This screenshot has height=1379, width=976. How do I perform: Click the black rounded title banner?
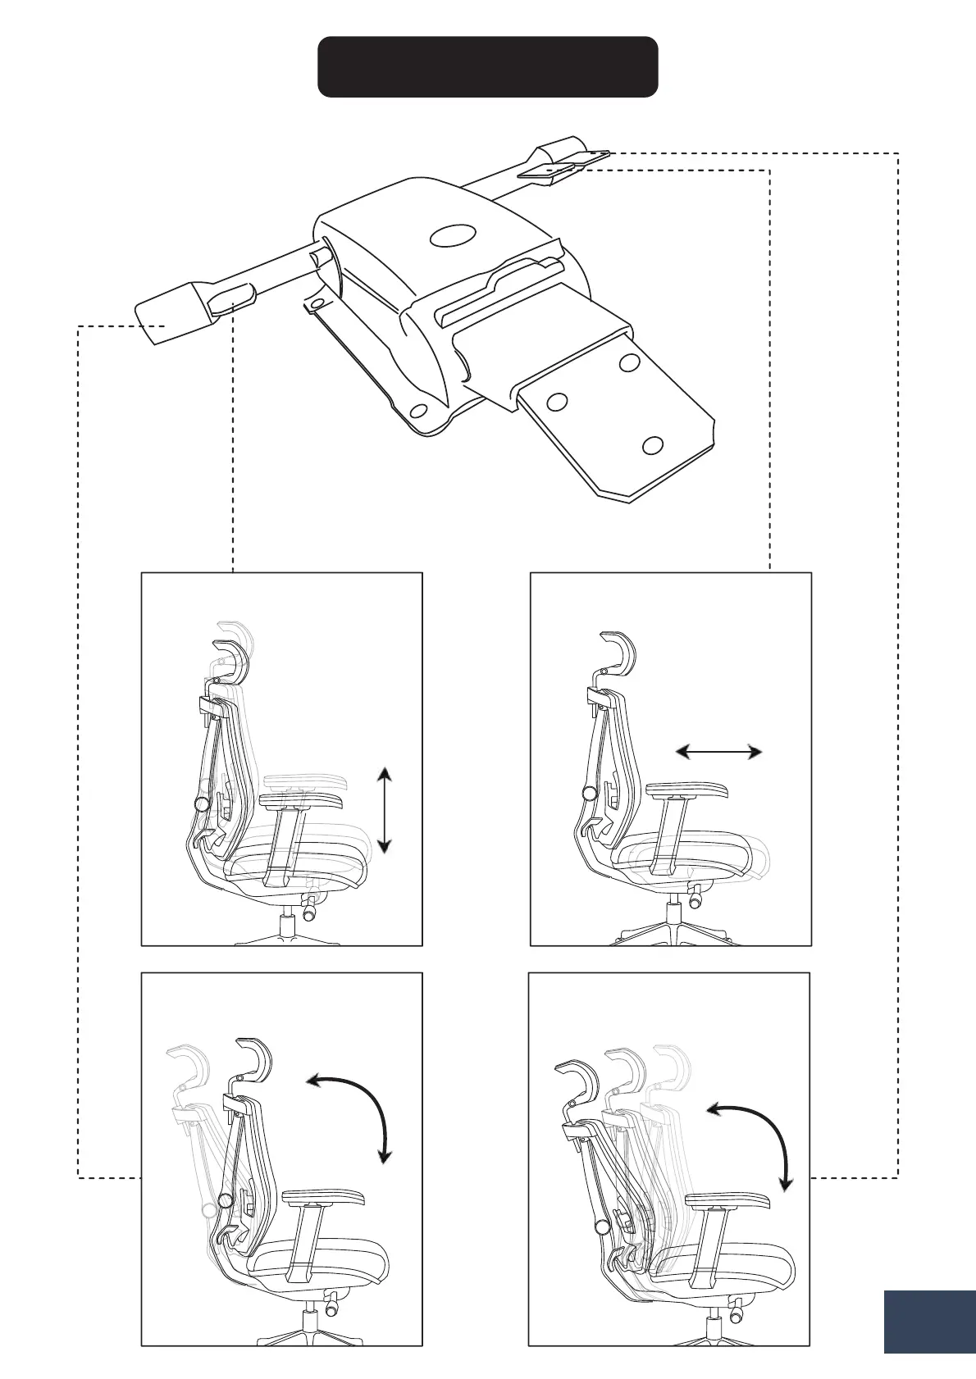(x=487, y=66)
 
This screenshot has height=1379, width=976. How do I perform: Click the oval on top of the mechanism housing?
(x=452, y=236)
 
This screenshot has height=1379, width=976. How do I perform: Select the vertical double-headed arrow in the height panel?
(x=384, y=809)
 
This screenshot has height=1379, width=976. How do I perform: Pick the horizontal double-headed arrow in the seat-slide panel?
(x=719, y=751)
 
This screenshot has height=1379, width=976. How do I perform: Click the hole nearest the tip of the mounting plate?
(x=653, y=445)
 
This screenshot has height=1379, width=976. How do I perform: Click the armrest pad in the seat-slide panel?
(x=686, y=791)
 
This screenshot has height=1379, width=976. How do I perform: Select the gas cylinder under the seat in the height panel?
(x=287, y=926)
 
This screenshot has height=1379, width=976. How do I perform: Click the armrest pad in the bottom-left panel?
(x=323, y=1197)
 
